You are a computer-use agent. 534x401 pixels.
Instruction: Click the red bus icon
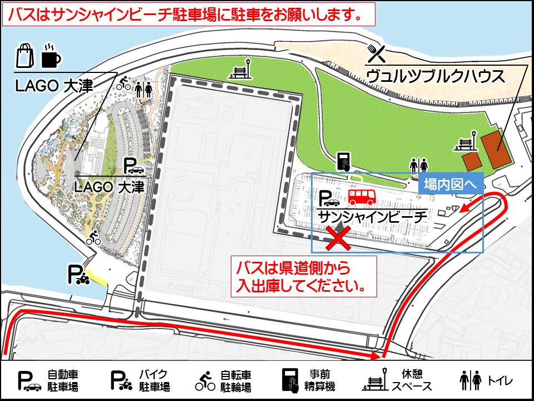362,196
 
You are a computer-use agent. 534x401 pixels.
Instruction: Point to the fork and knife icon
377,53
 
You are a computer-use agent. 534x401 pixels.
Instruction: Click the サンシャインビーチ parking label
372,216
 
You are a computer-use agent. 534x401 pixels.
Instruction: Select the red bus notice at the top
189,14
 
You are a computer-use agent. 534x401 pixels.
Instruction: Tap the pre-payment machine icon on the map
343,161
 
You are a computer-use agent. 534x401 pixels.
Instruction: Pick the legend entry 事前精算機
305,380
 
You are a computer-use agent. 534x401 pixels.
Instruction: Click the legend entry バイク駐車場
140,380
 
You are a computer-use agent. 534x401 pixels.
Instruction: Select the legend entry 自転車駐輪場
223,380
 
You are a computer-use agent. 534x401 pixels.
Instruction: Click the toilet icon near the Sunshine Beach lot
419,165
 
